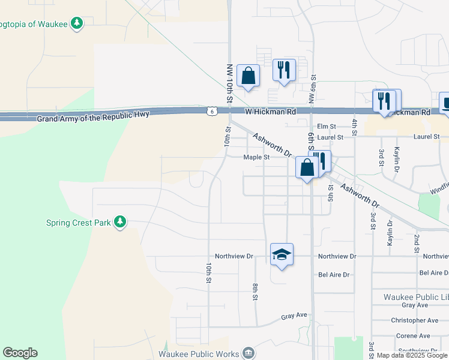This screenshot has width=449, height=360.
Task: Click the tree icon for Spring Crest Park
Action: (121, 223)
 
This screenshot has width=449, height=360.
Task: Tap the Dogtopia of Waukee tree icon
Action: (76, 24)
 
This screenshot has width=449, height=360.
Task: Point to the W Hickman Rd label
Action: (271, 112)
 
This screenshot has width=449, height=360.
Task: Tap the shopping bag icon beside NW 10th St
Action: (248, 76)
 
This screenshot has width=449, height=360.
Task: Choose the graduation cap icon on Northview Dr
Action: (282, 254)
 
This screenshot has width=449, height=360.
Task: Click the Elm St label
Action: (327, 126)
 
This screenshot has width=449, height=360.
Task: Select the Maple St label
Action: (257, 157)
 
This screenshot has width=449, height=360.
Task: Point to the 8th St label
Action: (256, 292)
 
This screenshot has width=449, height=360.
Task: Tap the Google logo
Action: (20, 353)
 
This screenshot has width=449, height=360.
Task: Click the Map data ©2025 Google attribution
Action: (411, 356)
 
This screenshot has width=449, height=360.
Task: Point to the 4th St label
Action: (355, 127)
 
